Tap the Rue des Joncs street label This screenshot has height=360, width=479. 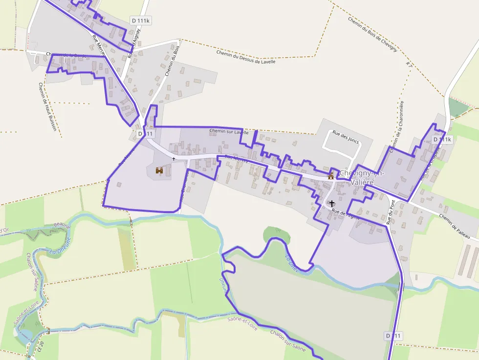point(346,137)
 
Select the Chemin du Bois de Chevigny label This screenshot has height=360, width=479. point(372,35)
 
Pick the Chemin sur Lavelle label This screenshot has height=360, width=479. point(229,131)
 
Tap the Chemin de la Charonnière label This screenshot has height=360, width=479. point(396,124)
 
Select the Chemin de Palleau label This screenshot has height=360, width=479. point(457,222)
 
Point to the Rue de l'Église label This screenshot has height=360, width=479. point(346,213)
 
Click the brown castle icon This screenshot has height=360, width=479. point(159,170)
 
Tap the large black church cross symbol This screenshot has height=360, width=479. point(332,203)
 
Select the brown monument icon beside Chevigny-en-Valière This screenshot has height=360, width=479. point(331,175)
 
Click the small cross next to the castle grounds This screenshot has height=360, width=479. point(174,159)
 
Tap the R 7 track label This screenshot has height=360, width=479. point(409,65)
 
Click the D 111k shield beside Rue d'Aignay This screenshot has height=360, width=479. point(140,20)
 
